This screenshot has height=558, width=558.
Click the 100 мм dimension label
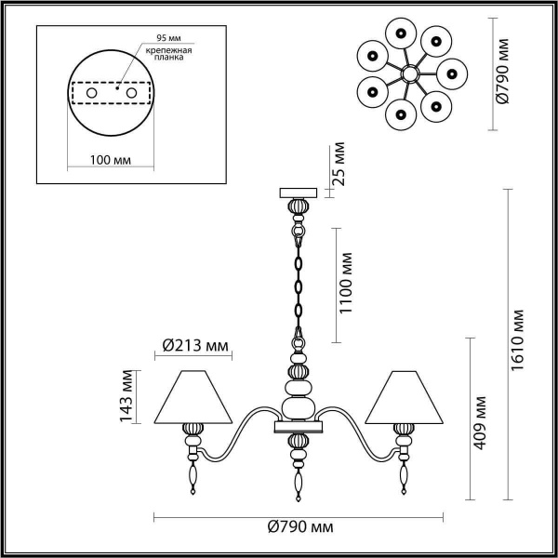(111, 159)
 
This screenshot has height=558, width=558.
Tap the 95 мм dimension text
(154, 41)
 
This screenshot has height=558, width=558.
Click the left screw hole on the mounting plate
(92, 93)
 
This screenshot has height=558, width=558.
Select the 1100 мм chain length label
(347, 283)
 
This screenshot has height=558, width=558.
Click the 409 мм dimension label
(481, 424)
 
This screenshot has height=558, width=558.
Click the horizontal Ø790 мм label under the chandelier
(299, 527)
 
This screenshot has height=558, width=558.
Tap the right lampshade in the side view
(404, 395)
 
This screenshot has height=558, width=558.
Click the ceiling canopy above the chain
(299, 193)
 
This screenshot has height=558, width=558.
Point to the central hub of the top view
(408, 73)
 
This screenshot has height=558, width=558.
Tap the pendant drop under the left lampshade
(193, 476)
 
